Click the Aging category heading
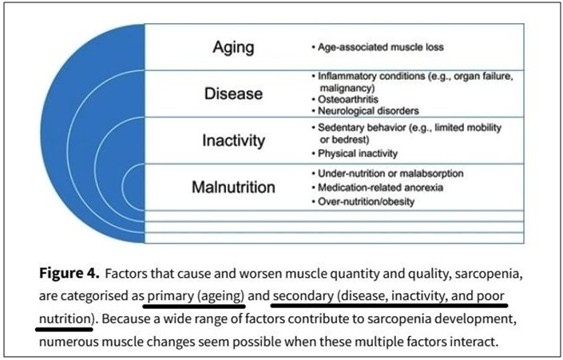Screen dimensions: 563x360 [x=233, y=48]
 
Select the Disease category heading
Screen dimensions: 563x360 [x=233, y=93]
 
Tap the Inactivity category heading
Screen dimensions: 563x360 [x=233, y=140]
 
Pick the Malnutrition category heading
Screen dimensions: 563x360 [x=233, y=188]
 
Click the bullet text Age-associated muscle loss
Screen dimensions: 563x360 [x=381, y=47]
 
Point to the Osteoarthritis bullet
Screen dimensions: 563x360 [x=348, y=100]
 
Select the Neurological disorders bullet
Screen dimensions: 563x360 [x=368, y=111]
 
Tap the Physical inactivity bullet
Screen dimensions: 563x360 [x=358, y=153]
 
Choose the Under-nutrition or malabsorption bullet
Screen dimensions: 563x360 [x=391, y=174]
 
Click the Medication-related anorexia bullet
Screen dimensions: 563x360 [x=380, y=188]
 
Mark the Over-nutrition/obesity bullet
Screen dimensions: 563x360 [x=366, y=202]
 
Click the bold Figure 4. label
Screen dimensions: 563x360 [x=69, y=274]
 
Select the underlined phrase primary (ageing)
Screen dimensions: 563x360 [x=196, y=296]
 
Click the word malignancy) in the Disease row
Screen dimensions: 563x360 [x=347, y=89]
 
